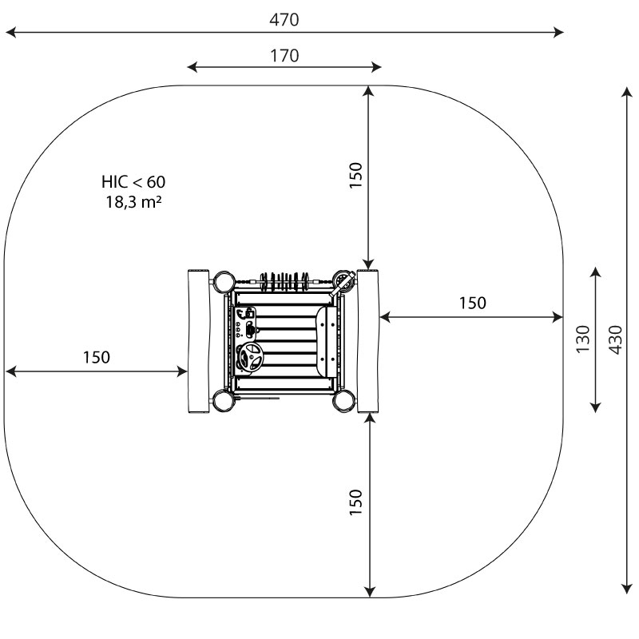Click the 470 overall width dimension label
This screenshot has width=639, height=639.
pos(284,19)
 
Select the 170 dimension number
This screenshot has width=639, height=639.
pos(284,55)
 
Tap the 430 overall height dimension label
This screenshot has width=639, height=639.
pos(615,339)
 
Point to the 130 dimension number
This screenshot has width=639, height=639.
pos(583,339)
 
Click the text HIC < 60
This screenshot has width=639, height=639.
pos(133,182)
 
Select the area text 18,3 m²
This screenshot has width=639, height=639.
pos(133,202)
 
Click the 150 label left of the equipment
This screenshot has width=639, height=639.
pos(96,357)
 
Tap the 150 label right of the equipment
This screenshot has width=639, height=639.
pos(472,303)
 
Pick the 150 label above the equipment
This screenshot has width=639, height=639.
pos(355,175)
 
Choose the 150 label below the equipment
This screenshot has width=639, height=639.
pos(355,502)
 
